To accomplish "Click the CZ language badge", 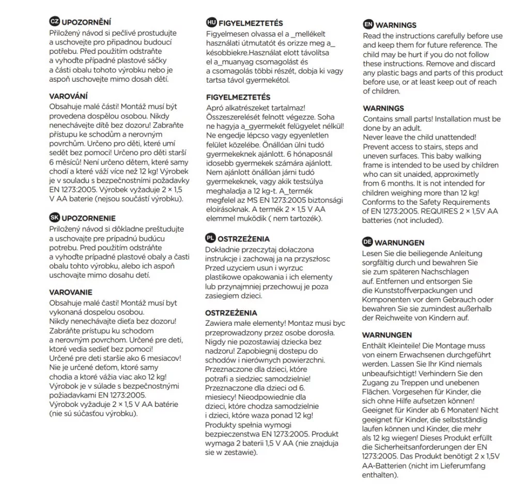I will pos(54,22).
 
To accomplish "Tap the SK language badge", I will pos(54,218).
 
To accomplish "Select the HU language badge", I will pos(211,23).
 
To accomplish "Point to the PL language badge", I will pos(210,238).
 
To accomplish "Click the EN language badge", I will pos(368,24).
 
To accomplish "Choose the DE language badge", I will pos(368,242).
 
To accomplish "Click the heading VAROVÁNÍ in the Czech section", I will pos(68,96).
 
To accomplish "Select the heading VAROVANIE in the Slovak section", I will pos(71,292).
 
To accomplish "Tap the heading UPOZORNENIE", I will pos(89,218).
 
